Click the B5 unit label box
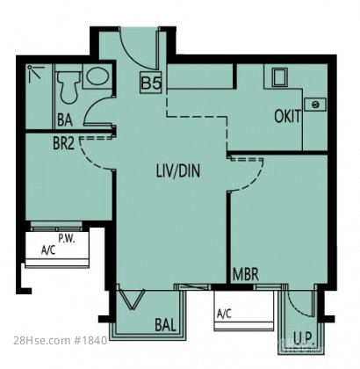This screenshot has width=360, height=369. point(151,83)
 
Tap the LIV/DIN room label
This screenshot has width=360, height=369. point(178,171)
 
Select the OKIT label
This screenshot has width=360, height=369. point(287,116)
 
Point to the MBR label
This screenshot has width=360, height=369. point(246,275)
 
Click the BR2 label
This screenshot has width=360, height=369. point(63,143)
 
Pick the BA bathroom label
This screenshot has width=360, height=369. point(65,120)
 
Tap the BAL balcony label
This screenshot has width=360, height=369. point(165,325)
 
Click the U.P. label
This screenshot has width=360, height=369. point(304,339)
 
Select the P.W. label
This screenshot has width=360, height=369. point(67,239)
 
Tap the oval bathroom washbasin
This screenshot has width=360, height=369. point(97,76)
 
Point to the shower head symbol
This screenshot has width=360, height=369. point(34,73)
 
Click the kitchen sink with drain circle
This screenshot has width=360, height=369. point(315,105)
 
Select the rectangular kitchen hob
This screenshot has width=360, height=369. point(279,77)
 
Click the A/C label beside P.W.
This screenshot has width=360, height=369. point(48,250)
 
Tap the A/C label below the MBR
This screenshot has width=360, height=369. point(224,314)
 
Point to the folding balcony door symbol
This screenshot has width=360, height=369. point(131,300)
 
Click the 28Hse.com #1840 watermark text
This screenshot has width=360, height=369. point(61,341)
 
